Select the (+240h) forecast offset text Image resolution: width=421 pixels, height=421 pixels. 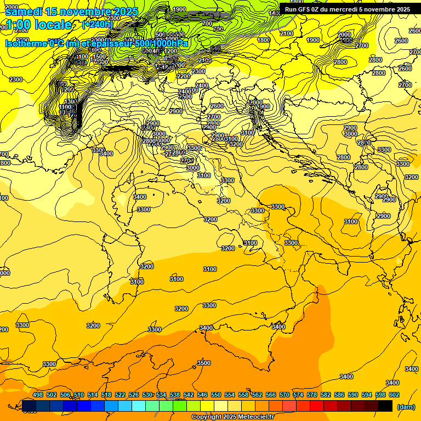(x=98, y=24)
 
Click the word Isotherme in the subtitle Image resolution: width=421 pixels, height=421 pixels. (x=25, y=43)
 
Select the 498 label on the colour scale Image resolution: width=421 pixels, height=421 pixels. (x=38, y=395)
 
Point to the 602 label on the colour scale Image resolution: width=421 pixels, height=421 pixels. (x=394, y=395)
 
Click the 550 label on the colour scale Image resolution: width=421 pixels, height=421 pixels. (x=216, y=395)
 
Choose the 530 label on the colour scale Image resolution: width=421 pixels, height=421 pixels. (x=147, y=395)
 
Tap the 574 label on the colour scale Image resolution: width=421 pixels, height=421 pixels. (x=298, y=395)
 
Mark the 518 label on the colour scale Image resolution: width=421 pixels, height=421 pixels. (x=106, y=395)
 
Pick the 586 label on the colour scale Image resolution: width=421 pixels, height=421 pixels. (x=339, y=395)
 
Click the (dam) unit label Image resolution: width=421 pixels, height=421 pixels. (x=406, y=407)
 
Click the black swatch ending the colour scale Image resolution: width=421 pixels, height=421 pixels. (x=385, y=406)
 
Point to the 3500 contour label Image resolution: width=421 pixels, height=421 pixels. (x=204, y=363)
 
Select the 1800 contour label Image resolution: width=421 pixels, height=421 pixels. (x=264, y=40)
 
